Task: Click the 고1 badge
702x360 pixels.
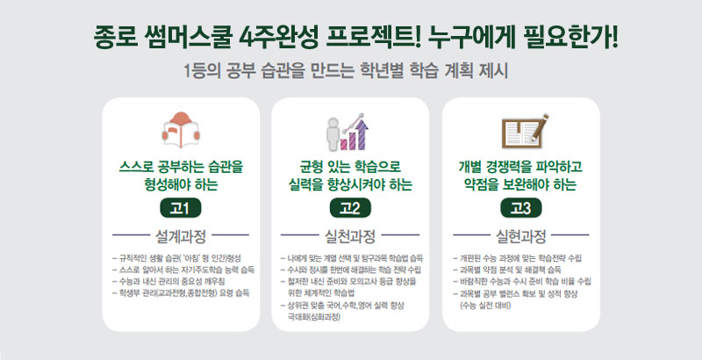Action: [x=181, y=208]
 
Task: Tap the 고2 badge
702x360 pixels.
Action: [x=350, y=208]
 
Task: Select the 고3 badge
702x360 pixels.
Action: [x=520, y=208]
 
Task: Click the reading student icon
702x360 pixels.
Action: [x=181, y=129]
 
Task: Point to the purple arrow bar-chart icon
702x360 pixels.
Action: [x=347, y=131]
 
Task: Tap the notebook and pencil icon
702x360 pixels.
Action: [x=525, y=131]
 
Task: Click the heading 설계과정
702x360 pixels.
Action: [x=181, y=236]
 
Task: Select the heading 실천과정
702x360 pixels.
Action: [x=349, y=236]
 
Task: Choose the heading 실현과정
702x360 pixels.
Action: [x=520, y=236]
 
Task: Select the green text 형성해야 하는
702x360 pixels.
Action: [x=181, y=184]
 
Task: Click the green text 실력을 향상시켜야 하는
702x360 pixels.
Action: [x=350, y=184]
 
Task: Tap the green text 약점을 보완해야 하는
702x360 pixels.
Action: [x=520, y=184]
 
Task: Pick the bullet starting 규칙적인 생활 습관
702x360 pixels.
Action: [x=177, y=258]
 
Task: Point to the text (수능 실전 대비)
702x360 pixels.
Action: [x=485, y=306]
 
